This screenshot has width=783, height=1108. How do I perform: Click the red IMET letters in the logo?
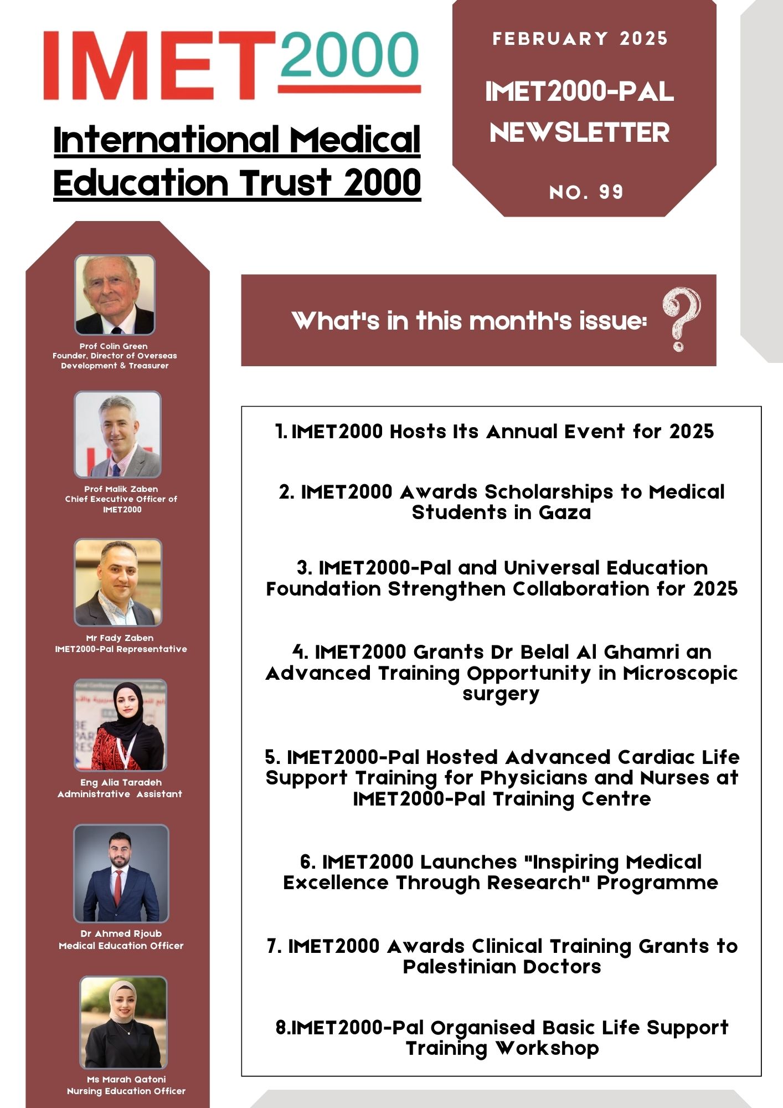pos(158,65)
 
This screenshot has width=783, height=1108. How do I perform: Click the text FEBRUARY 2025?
pos(580,39)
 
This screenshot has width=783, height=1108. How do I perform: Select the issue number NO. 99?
pos(586,192)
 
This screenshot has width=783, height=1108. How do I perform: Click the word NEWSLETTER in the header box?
pos(580,133)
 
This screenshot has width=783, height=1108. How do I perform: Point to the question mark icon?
pos(681,319)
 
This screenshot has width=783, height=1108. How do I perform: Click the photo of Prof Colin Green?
pos(115,295)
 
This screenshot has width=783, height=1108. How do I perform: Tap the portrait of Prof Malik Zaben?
pos(118,435)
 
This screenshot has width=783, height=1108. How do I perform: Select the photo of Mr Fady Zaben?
pos(119,582)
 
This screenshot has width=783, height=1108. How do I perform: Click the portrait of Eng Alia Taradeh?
pos(120,725)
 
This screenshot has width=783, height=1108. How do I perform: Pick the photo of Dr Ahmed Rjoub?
pos(121,873)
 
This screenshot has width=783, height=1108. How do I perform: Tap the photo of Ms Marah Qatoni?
pos(123,1023)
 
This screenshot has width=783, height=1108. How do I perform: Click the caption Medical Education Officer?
pos(121,946)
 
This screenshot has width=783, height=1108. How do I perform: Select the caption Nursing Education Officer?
pos(126,1091)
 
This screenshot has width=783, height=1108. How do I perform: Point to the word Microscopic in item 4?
pos(680,673)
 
